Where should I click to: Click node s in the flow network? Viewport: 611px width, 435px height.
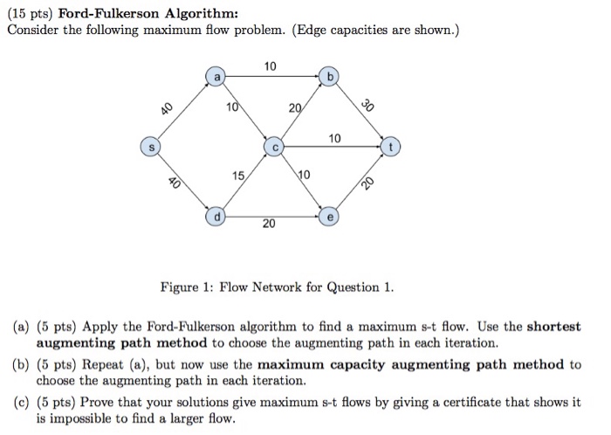(x=152, y=147)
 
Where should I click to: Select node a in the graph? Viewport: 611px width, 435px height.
(x=215, y=76)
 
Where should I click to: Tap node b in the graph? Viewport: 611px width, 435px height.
(x=328, y=76)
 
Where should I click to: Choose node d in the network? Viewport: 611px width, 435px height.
(x=216, y=213)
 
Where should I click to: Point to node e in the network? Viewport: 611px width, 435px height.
(x=328, y=214)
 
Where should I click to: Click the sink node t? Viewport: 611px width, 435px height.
(x=392, y=147)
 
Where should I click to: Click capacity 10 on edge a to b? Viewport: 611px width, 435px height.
(x=270, y=66)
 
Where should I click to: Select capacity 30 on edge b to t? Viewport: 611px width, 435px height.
(x=368, y=104)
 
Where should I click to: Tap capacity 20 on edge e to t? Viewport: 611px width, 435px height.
(x=368, y=183)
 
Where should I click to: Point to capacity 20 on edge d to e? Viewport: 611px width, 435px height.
(x=270, y=224)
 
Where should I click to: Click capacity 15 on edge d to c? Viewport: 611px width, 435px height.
(x=237, y=176)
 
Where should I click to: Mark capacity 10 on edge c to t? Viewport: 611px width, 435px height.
(x=335, y=138)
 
